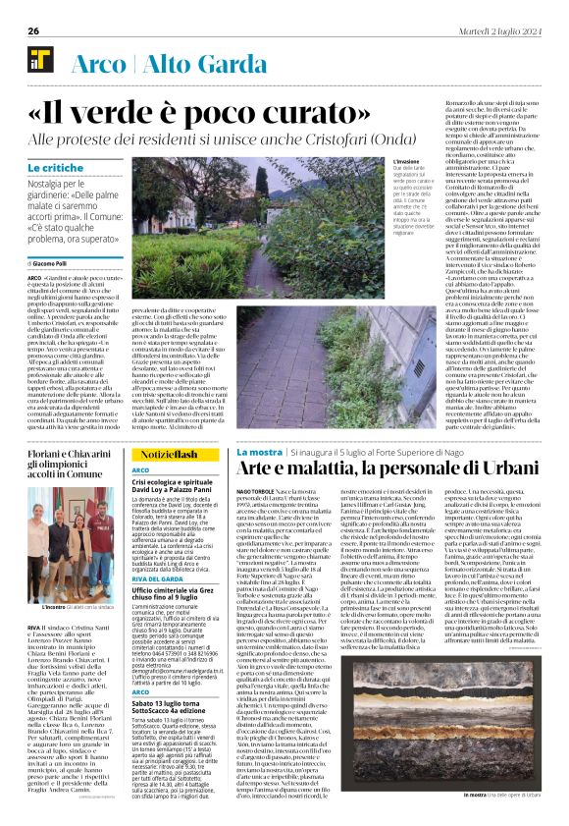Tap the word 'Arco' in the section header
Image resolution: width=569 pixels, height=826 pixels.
pyautogui.click(x=97, y=60)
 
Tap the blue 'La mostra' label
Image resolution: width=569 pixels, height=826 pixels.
pyautogui.click(x=260, y=450)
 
